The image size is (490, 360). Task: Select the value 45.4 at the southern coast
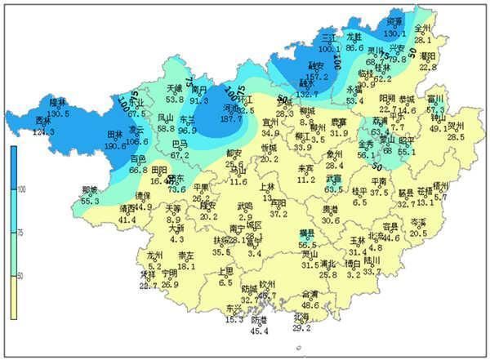tap(259, 330)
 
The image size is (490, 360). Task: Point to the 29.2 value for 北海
tap(301, 327)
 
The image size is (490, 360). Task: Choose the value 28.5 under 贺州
tap(456, 137)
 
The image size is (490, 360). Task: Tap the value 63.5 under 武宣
tap(333, 189)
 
